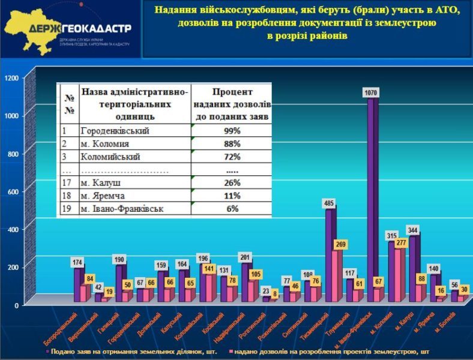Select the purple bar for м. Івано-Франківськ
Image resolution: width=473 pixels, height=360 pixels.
pyautogui.click(x=372, y=198)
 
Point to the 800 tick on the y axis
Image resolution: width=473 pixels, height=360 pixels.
pyautogui.click(x=13, y=154)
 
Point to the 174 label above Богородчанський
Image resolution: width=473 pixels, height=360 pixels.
pyautogui.click(x=77, y=263)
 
